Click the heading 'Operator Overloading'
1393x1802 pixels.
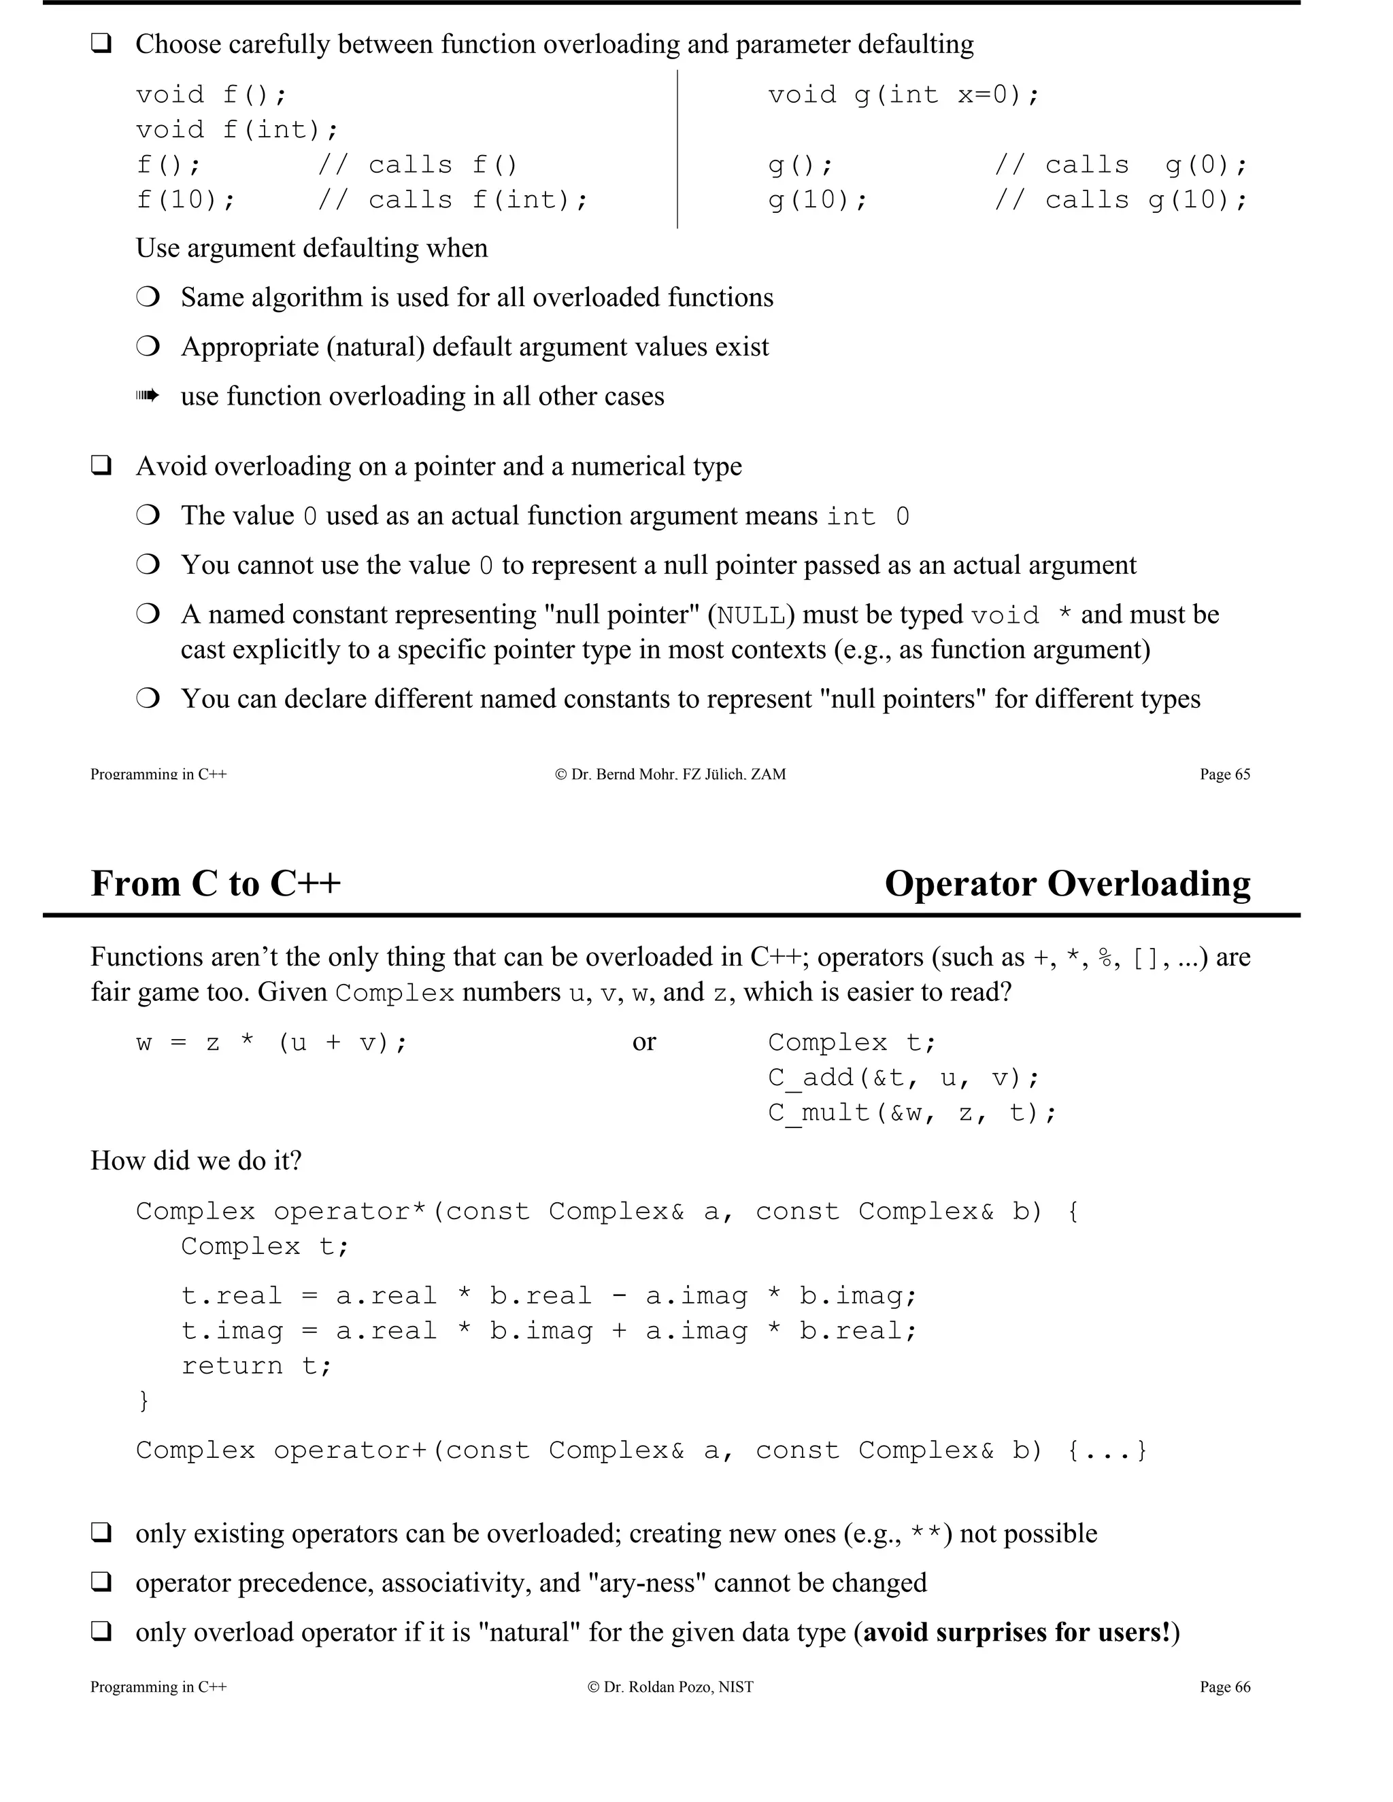[x=1067, y=884]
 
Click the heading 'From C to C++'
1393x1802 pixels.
[x=216, y=884]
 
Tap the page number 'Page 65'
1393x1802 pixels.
[x=1224, y=774]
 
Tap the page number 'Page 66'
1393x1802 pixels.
[x=1224, y=1686]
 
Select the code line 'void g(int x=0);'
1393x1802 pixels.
[x=904, y=95]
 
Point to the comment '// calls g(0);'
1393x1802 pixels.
[x=1122, y=165]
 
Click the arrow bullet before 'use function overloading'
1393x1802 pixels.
[x=147, y=396]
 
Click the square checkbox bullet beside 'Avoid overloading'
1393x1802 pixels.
[x=101, y=466]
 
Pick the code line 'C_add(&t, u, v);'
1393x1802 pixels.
[x=904, y=1078]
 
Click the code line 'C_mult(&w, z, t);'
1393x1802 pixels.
[x=912, y=1113]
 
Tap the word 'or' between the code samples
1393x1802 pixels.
[x=643, y=1042]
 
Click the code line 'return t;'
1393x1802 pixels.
[x=256, y=1365]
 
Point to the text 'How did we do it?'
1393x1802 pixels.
[x=196, y=1161]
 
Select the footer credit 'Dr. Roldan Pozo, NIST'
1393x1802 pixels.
[x=670, y=1686]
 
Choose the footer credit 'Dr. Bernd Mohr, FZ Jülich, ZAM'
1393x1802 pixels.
[x=670, y=774]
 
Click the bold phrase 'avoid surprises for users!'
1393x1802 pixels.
[x=1017, y=1632]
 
